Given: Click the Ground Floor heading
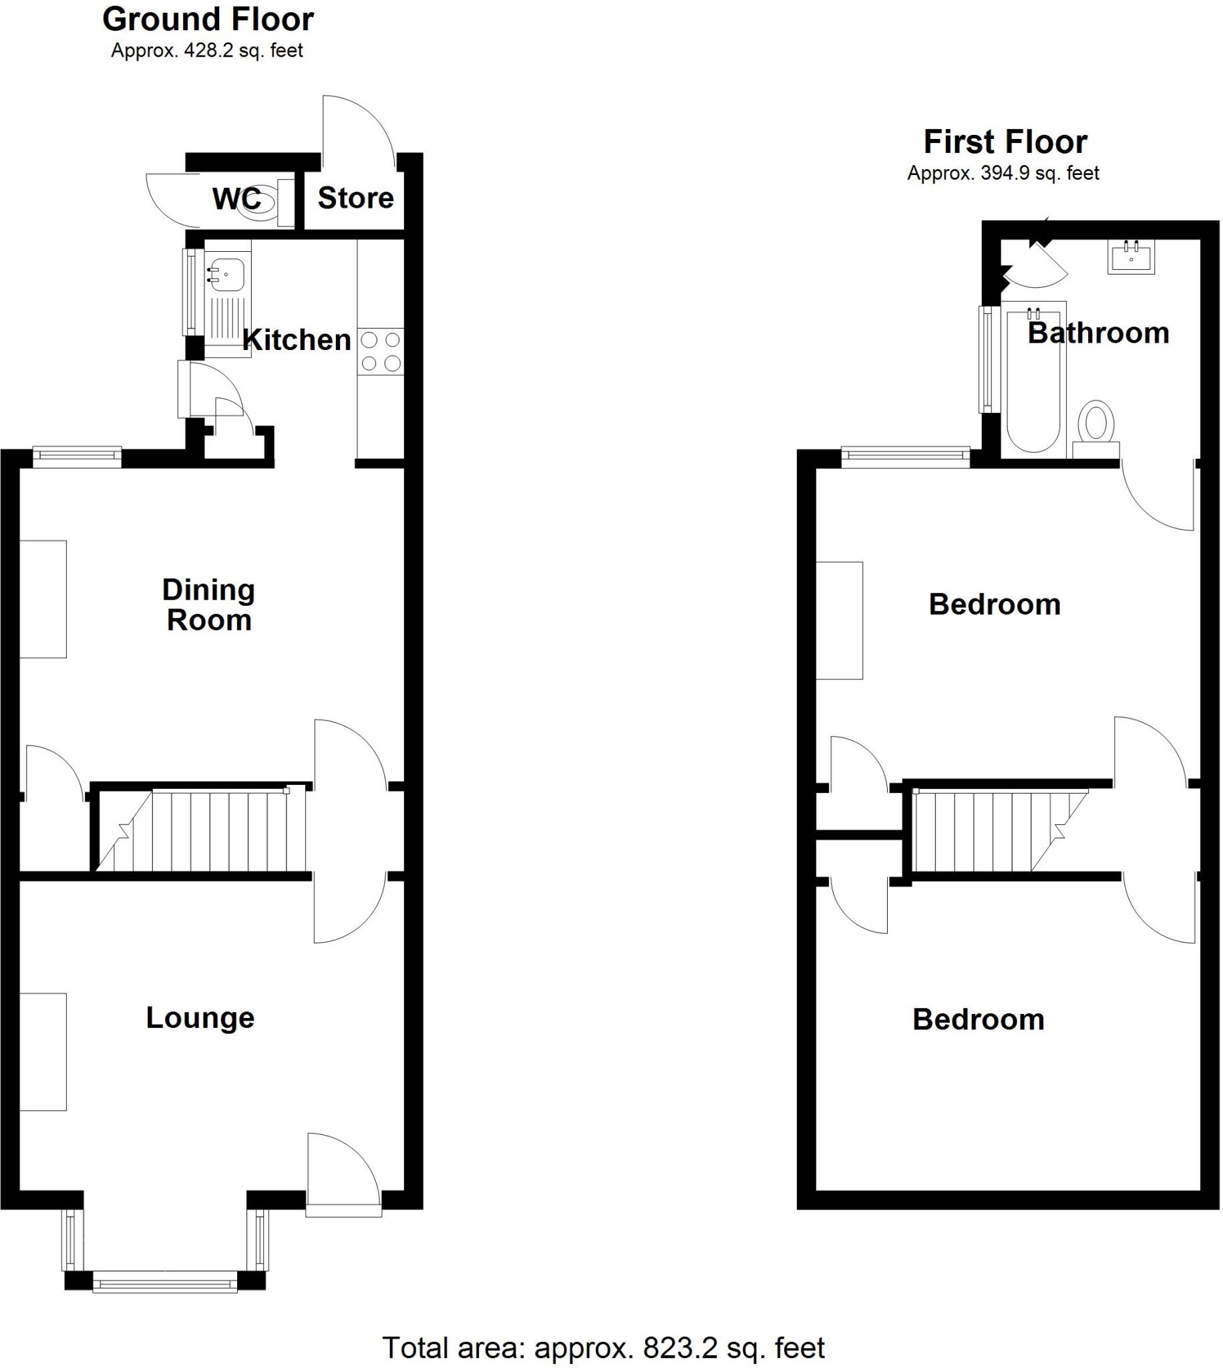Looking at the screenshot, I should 208,19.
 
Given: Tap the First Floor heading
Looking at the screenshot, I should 1005,142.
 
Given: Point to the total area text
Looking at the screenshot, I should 602,1347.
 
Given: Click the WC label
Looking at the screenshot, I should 236,199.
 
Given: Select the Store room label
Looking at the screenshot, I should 355,198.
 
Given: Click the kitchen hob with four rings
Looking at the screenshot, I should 380,351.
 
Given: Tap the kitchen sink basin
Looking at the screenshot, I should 224,274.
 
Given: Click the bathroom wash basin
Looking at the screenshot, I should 1131,257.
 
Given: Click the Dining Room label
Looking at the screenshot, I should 208,605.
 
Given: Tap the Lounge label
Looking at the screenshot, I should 200,1018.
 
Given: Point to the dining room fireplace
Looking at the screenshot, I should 43,598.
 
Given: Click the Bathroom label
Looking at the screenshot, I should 1098,333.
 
